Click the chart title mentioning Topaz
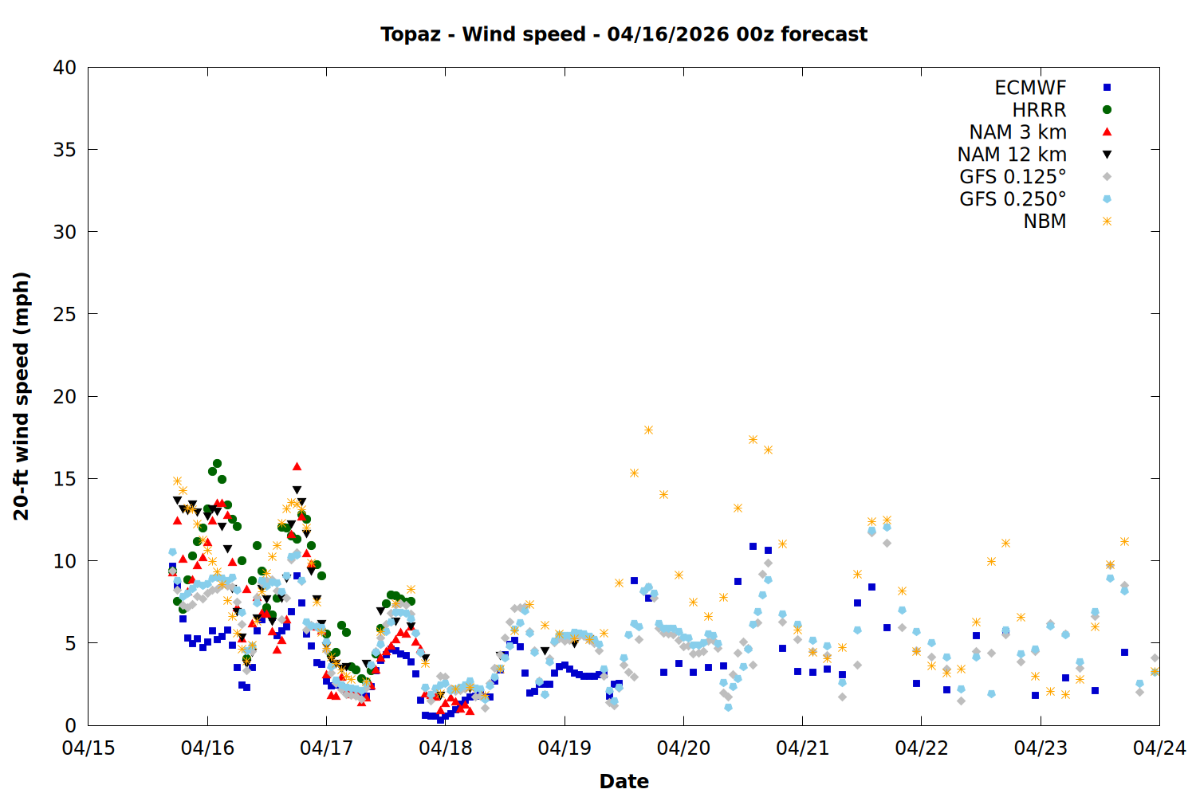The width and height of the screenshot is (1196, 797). pyautogui.click(x=624, y=34)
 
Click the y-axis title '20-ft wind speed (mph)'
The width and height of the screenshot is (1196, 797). pyautogui.click(x=22, y=396)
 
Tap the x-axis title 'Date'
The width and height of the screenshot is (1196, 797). pyautogui.click(x=624, y=781)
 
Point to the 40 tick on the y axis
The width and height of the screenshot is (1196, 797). pyautogui.click(x=65, y=68)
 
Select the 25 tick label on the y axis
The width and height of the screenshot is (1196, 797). pyautogui.click(x=65, y=314)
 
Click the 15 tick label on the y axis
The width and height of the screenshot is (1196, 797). pyautogui.click(x=65, y=478)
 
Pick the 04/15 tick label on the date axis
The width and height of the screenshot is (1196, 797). pyautogui.click(x=89, y=748)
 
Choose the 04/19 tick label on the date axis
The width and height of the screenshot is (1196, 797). pyautogui.click(x=565, y=748)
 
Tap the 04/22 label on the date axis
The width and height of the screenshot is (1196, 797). pyautogui.click(x=922, y=748)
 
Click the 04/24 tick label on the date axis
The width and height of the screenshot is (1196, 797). pyautogui.click(x=1159, y=748)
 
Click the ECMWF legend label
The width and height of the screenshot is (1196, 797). pyautogui.click(x=1030, y=88)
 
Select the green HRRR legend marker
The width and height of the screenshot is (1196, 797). pyautogui.click(x=1107, y=110)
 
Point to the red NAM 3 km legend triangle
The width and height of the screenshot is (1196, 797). pyautogui.click(x=1107, y=132)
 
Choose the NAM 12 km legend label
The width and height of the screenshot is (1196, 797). pyautogui.click(x=1012, y=155)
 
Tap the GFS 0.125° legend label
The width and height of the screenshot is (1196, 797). pyautogui.click(x=1013, y=177)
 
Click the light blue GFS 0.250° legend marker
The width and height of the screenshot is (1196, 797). pyautogui.click(x=1107, y=199)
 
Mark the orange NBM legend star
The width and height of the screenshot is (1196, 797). pyautogui.click(x=1107, y=222)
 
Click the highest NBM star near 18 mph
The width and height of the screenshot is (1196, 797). pyautogui.click(x=648, y=430)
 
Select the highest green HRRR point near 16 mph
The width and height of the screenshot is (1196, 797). pyautogui.click(x=217, y=463)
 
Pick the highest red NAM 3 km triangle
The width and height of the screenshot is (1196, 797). pyautogui.click(x=297, y=466)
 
